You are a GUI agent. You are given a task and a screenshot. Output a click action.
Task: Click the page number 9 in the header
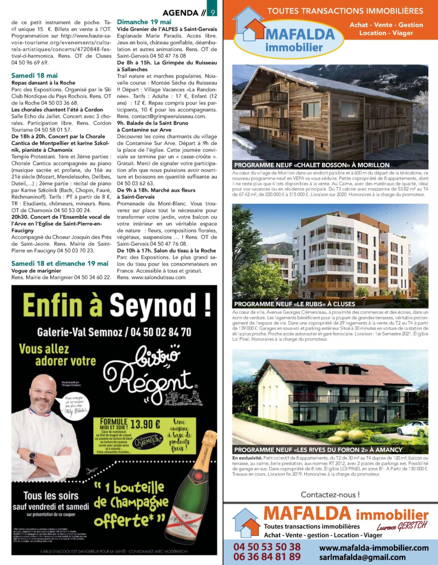tap(213, 13)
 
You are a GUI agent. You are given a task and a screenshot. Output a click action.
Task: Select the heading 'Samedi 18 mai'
tap(34, 76)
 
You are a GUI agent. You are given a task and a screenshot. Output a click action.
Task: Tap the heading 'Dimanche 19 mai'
tap(144, 22)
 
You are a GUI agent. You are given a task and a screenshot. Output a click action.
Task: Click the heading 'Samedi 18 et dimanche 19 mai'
tap(60, 264)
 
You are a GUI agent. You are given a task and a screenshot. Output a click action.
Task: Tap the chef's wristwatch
tap(33, 458)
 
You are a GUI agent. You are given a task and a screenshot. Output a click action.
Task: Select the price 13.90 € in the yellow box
tap(145, 424)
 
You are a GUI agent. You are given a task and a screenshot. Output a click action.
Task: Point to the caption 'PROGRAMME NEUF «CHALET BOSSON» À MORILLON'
tap(312, 165)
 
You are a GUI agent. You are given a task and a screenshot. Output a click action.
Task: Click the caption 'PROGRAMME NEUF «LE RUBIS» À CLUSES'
tap(295, 304)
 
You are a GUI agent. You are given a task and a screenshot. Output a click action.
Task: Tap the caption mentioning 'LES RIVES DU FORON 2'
tap(318, 450)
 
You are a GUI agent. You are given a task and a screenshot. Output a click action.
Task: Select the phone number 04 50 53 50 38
tap(267, 547)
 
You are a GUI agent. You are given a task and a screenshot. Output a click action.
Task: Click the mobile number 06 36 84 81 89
tap(267, 557)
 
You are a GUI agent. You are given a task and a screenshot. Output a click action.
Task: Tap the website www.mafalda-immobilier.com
tap(374, 548)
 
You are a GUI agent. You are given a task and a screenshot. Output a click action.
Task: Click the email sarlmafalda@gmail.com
tap(362, 557)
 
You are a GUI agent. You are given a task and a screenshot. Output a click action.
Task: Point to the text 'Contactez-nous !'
tap(330, 494)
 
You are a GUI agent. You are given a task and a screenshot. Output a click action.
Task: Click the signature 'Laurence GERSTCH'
tap(402, 526)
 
